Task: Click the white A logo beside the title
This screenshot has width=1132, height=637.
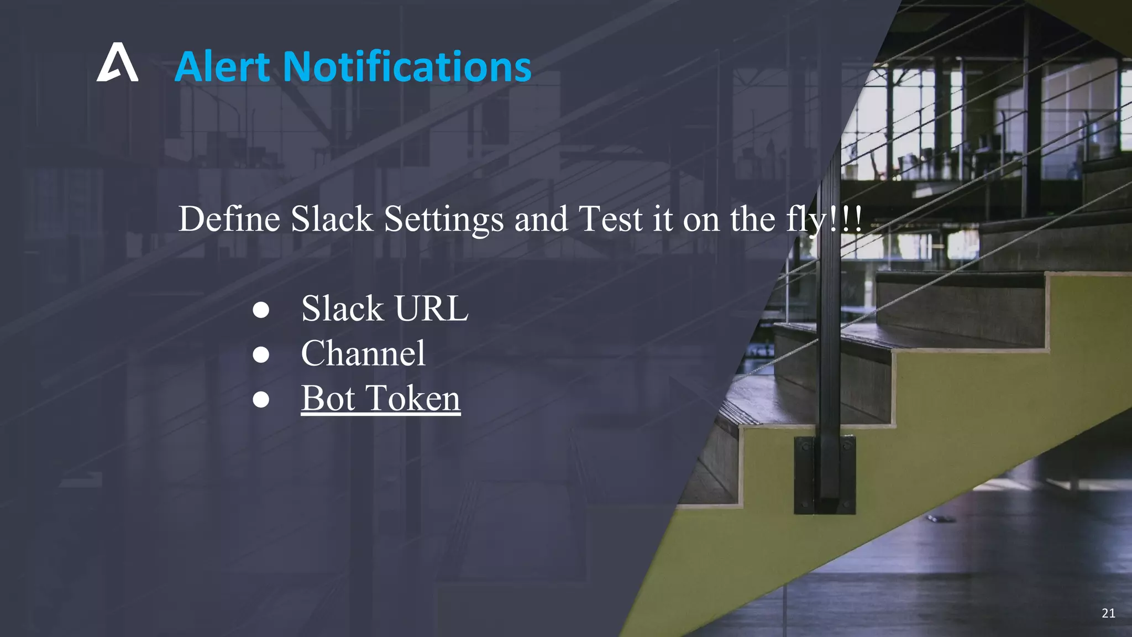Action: (x=117, y=63)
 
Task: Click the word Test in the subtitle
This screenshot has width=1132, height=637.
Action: (x=610, y=219)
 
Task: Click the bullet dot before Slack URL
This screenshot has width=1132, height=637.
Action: (x=261, y=310)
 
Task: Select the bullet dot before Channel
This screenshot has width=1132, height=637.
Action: (x=261, y=354)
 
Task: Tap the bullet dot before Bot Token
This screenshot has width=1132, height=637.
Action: (x=261, y=399)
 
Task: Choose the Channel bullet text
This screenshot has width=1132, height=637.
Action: (x=363, y=353)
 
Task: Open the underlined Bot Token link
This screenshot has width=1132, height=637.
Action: (x=381, y=398)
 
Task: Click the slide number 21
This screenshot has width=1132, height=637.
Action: (x=1108, y=613)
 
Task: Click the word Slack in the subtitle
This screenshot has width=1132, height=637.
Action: (x=332, y=219)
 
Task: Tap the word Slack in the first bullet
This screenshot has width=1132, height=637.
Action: (x=342, y=309)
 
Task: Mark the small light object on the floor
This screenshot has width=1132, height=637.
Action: (x=939, y=519)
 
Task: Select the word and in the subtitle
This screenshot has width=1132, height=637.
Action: (x=541, y=219)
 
